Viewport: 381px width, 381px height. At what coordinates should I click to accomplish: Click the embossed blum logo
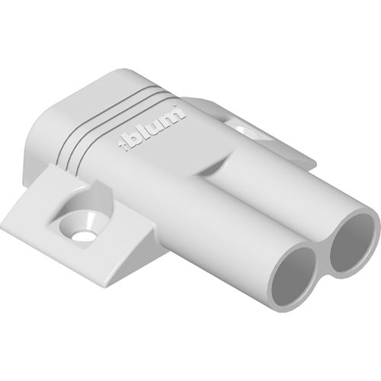point(152,128)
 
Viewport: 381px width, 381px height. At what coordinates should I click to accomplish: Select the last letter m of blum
point(173,116)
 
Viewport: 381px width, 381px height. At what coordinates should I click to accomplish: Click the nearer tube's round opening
point(294,274)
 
